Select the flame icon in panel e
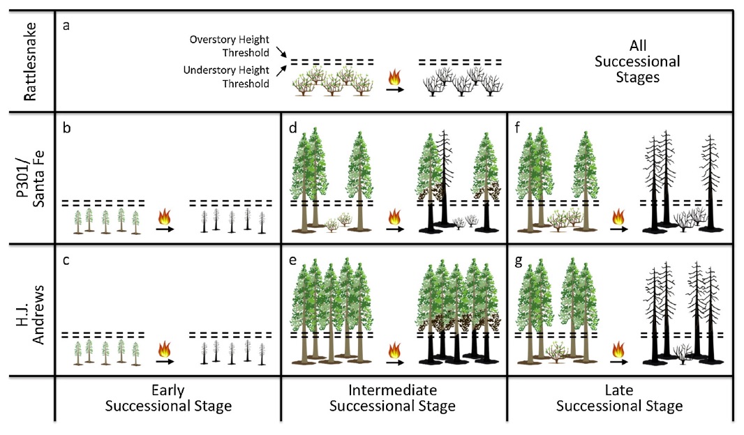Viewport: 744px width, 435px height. [394, 348]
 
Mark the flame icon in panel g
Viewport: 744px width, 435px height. [618, 348]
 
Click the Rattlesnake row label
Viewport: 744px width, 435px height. [30, 61]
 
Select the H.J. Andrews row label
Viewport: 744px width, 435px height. [30, 311]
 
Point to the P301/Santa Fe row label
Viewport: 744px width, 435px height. [30, 178]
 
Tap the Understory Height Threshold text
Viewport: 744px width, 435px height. [226, 77]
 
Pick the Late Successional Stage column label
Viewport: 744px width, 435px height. [618, 398]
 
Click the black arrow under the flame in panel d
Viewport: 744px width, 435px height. [395, 228]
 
